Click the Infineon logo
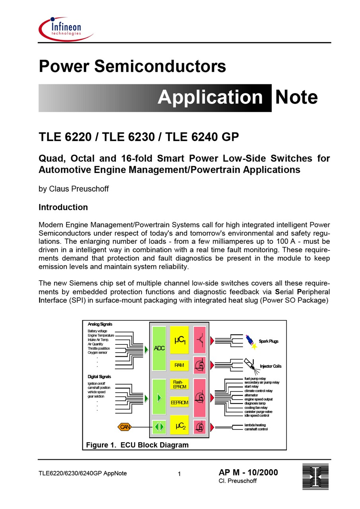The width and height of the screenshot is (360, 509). point(66,29)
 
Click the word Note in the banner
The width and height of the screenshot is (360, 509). point(296,97)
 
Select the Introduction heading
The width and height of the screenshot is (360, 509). point(63,207)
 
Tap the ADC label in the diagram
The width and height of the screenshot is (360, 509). point(159,348)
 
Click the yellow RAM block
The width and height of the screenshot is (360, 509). point(179,365)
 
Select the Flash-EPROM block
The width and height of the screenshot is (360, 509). point(179,384)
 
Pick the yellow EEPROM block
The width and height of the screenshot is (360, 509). point(179,402)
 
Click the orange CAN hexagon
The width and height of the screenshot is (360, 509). point(125,427)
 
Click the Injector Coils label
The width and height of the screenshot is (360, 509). point(270,366)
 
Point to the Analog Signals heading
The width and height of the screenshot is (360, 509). point(100,324)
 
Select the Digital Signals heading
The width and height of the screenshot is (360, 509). point(99,377)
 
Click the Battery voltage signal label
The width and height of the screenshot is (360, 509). point(97,331)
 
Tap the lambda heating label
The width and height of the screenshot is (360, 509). point(255,425)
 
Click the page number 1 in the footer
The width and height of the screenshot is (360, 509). point(179,474)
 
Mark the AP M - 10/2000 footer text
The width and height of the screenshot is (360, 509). point(248,473)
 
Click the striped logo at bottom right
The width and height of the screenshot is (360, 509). point(315,476)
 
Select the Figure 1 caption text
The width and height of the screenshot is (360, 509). point(137,445)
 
